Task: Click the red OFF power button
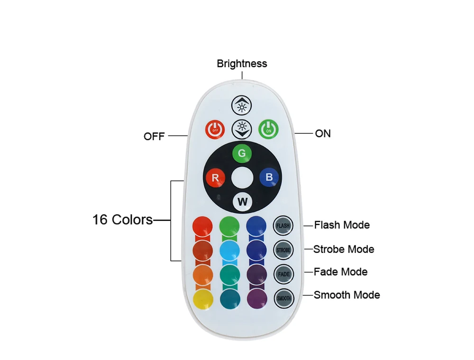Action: coord(215,128)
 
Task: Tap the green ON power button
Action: coord(269,128)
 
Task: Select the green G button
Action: coord(242,153)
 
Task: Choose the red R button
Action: coord(215,178)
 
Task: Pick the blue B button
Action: coord(269,178)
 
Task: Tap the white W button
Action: coord(243,202)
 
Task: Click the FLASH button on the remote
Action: coord(283,225)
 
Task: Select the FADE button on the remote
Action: coord(283,274)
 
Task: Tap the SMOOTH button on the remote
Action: coord(284,298)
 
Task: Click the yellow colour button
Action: coord(203,298)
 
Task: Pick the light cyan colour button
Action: coord(230,250)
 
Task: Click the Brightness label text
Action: coord(242,63)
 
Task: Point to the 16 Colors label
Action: coord(123,220)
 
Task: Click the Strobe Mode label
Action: coord(344,249)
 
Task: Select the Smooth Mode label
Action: coord(346,295)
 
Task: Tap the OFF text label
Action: coord(154,136)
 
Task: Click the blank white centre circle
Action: coord(243,178)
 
